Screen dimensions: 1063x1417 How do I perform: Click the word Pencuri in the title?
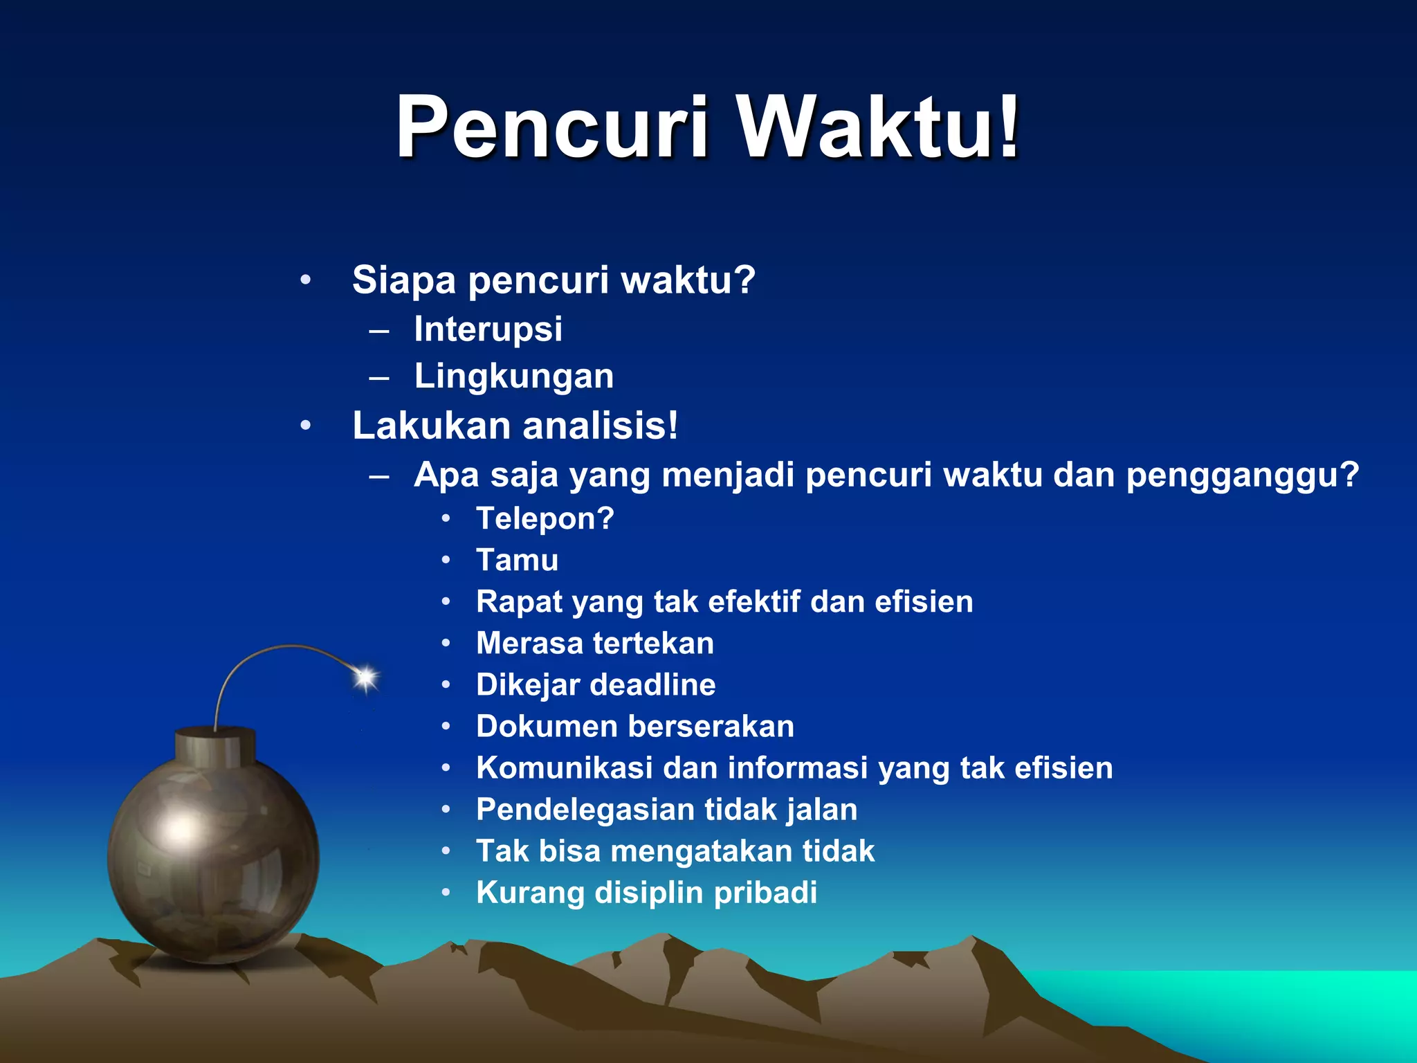point(552,129)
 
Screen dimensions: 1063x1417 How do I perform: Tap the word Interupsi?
point(488,329)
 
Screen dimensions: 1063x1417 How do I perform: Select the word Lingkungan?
point(513,376)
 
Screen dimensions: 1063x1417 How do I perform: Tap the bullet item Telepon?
point(545,519)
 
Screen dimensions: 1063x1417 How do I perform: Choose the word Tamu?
point(517,561)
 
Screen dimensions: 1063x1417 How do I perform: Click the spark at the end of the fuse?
point(365,678)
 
